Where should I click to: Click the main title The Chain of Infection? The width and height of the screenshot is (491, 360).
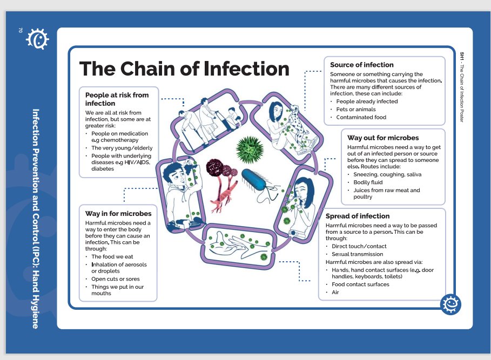pos(184,69)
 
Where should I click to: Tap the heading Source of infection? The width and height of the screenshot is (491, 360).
pos(361,65)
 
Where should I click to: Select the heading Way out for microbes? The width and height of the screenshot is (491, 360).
pos(382,138)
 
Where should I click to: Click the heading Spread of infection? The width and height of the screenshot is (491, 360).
pos(357,216)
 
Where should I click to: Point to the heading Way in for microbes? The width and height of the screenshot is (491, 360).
pos(118,214)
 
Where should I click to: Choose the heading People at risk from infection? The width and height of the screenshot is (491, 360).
pos(117,99)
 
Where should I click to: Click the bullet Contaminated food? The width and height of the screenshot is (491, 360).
pos(361,117)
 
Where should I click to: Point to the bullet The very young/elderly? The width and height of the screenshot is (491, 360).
pos(122,148)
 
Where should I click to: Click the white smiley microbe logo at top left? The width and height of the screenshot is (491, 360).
pos(37,39)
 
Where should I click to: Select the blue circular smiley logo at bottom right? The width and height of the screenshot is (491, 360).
pos(450,304)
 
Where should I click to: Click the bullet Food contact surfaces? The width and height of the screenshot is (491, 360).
pos(360,284)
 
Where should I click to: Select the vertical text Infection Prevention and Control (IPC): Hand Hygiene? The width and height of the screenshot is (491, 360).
pos(36,218)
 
